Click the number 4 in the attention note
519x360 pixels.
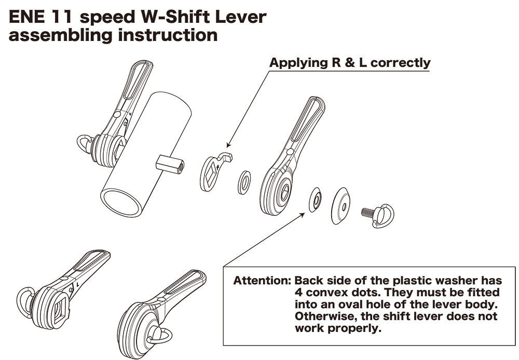point(300,293)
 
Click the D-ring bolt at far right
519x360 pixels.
point(383,214)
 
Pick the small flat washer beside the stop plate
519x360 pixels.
point(243,182)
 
